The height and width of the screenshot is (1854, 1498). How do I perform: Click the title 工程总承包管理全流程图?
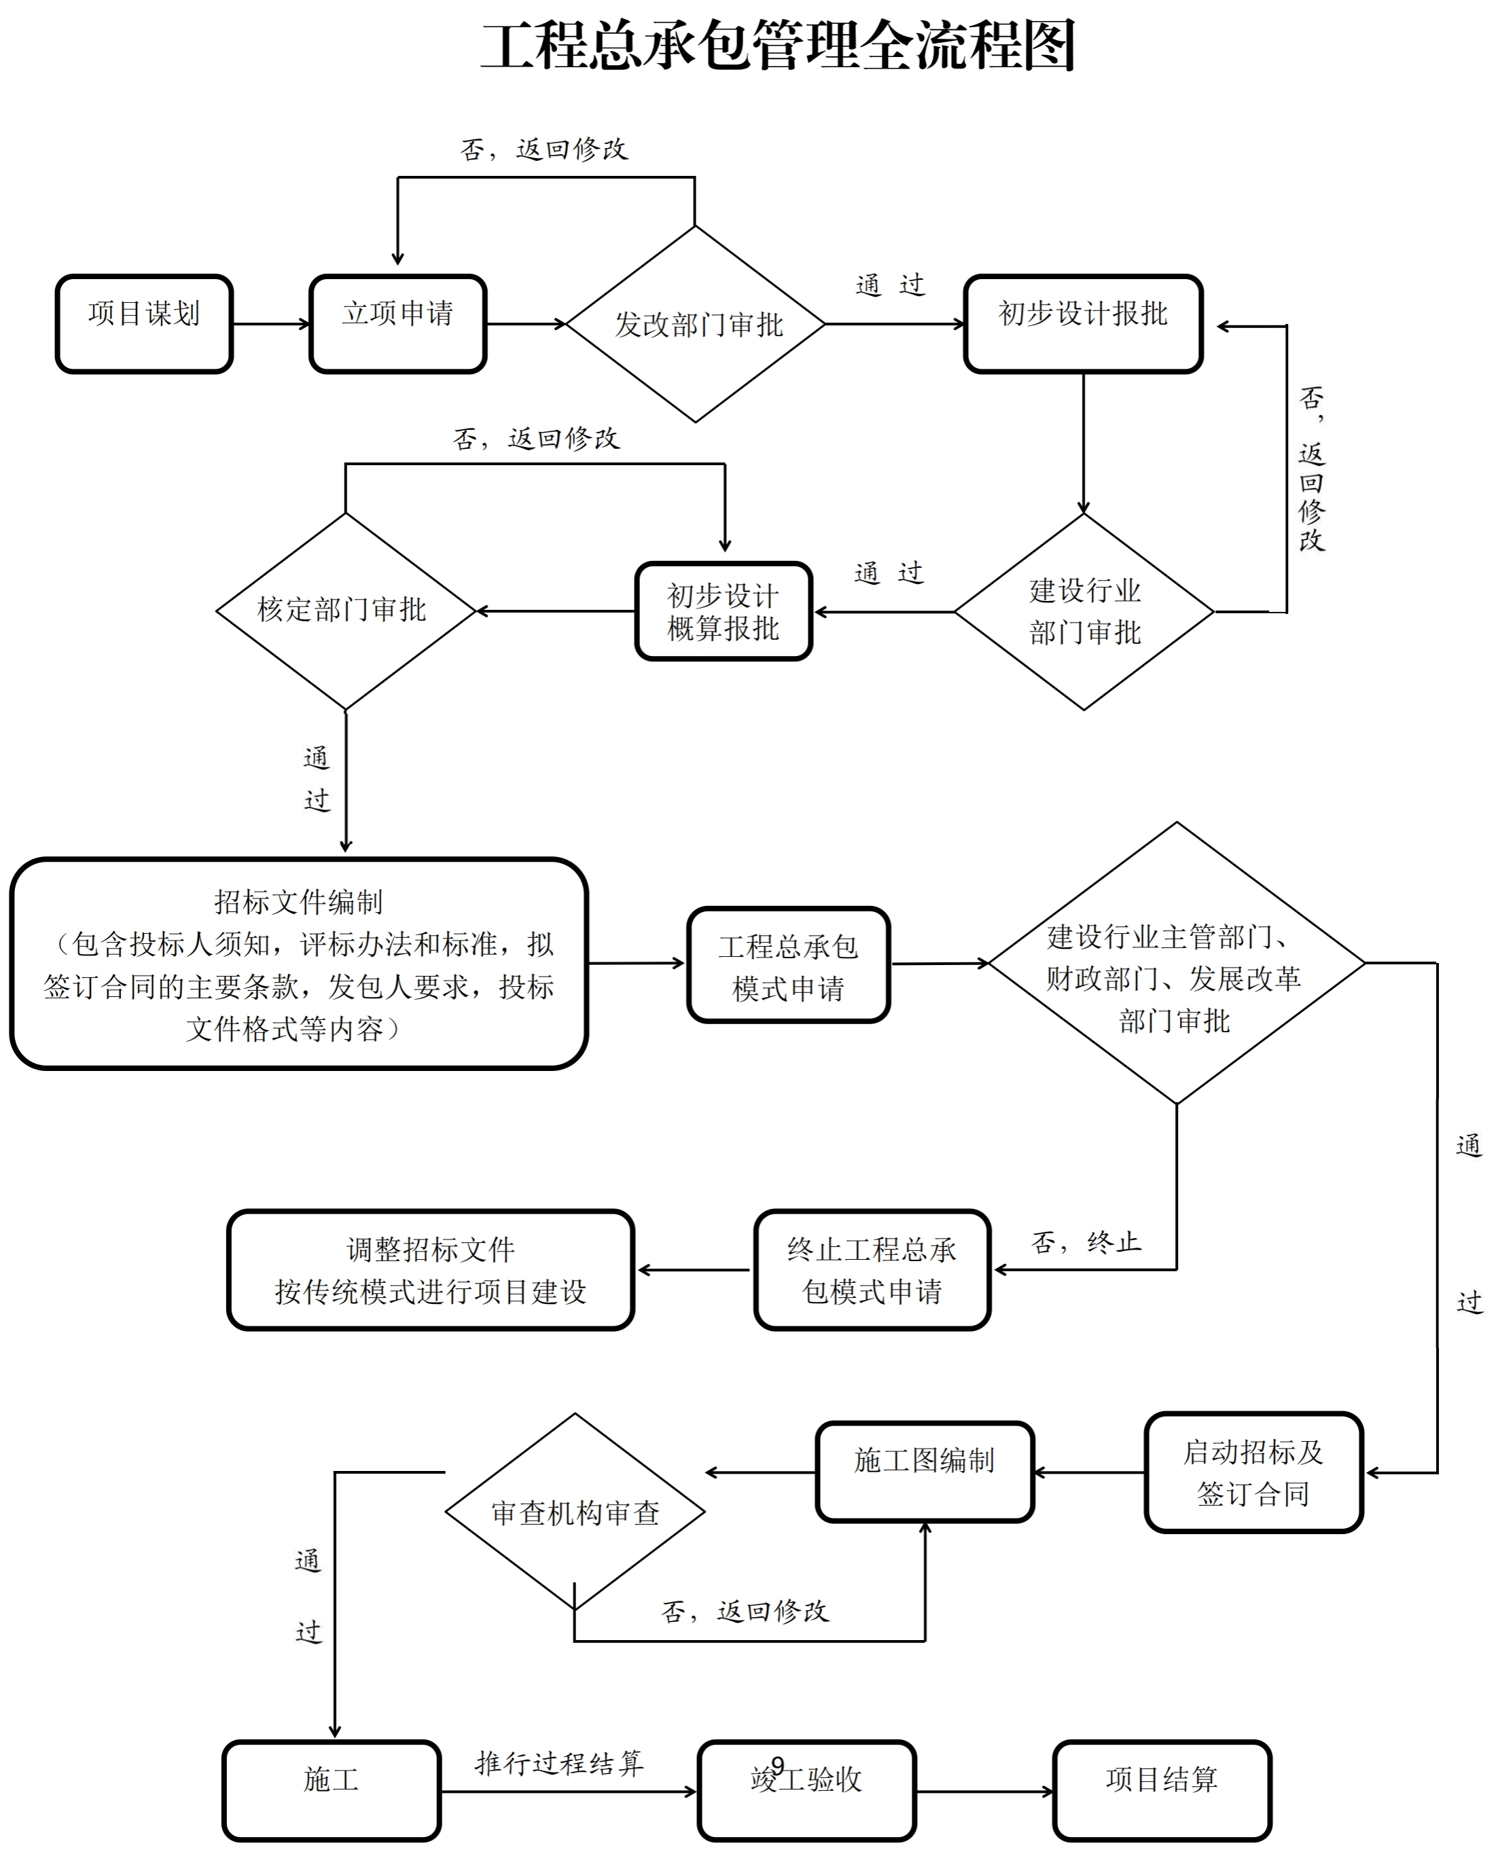point(777,47)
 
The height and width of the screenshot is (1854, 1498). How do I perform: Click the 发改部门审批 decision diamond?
point(696,325)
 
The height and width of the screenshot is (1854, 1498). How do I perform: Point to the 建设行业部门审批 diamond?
point(1084,612)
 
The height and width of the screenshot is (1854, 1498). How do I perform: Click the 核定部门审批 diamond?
point(345,611)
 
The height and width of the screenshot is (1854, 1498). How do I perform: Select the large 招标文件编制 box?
point(298,964)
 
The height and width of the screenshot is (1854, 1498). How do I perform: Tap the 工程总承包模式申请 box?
point(788,964)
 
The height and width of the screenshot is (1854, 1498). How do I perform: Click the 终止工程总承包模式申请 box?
point(872,1270)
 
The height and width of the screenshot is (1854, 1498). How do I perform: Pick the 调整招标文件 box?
point(431,1270)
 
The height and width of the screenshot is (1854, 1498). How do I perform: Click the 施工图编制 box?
point(924,1472)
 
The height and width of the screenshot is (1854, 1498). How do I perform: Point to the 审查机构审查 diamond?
point(575,1512)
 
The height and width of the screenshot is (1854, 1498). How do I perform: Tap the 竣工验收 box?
point(806,1791)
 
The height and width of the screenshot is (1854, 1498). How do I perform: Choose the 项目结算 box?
point(1162,1791)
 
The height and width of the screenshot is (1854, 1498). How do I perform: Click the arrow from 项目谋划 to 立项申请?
point(271,325)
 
